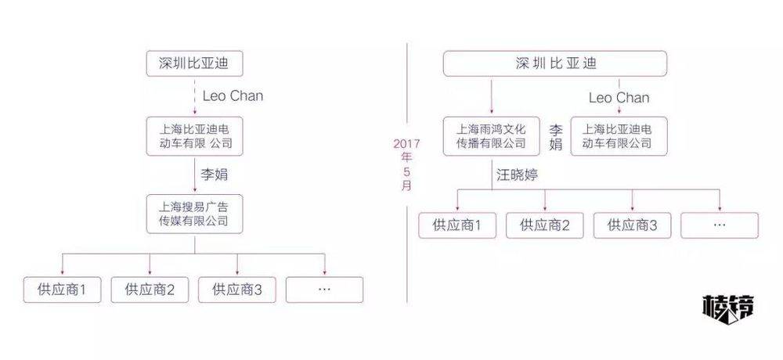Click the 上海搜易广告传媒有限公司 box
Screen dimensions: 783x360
(194, 214)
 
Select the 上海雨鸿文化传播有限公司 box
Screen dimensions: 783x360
(492, 136)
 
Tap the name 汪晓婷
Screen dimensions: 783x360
(518, 175)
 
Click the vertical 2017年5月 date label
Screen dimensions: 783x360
(406, 165)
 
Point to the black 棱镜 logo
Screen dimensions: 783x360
(728, 307)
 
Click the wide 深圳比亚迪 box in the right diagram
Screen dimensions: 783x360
(555, 63)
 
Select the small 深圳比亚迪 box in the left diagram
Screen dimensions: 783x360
(194, 63)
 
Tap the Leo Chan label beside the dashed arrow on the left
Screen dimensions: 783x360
(233, 95)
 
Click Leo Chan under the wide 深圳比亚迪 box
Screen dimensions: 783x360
(619, 97)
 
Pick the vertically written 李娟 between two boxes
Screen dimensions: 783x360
(555, 137)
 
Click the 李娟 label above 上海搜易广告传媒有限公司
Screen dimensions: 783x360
(215, 175)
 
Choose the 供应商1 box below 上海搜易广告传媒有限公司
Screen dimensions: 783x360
(62, 290)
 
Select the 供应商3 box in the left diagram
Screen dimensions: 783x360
(236, 290)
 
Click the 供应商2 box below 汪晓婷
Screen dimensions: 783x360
(544, 225)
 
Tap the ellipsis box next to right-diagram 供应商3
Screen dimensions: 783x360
(720, 225)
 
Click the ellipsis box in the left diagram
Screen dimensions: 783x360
(324, 290)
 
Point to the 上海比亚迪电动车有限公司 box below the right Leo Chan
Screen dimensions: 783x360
(619, 136)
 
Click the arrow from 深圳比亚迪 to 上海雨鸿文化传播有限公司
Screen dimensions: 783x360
(492, 95)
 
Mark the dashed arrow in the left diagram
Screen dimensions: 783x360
(194, 95)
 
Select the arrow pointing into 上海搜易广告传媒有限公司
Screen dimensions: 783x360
(194, 174)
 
